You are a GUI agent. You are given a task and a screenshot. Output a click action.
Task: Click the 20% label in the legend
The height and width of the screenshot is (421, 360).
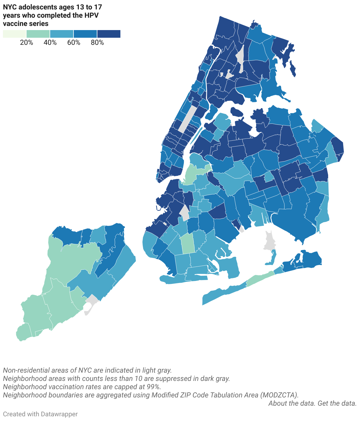click(27, 42)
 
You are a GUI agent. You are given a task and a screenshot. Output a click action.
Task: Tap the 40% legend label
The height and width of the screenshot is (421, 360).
click(50, 42)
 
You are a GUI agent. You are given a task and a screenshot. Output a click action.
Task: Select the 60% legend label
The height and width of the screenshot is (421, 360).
click(74, 42)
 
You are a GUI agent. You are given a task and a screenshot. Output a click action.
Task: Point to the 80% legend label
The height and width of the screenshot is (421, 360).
click(97, 42)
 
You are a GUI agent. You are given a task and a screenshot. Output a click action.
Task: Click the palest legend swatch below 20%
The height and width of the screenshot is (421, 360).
click(14, 34)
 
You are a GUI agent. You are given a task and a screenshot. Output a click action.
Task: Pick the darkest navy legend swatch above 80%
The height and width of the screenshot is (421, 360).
click(109, 34)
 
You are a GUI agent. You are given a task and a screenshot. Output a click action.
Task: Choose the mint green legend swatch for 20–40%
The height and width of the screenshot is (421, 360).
click(38, 34)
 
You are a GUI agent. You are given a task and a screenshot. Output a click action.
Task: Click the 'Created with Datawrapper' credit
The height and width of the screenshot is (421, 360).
click(40, 414)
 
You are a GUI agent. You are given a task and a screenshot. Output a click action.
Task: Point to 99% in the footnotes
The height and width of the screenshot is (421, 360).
click(153, 387)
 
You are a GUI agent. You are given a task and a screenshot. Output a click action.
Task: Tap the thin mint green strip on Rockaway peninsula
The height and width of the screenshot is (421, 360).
click(260, 279)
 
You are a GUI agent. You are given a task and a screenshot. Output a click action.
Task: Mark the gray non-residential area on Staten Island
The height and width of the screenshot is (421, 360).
click(91, 302)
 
